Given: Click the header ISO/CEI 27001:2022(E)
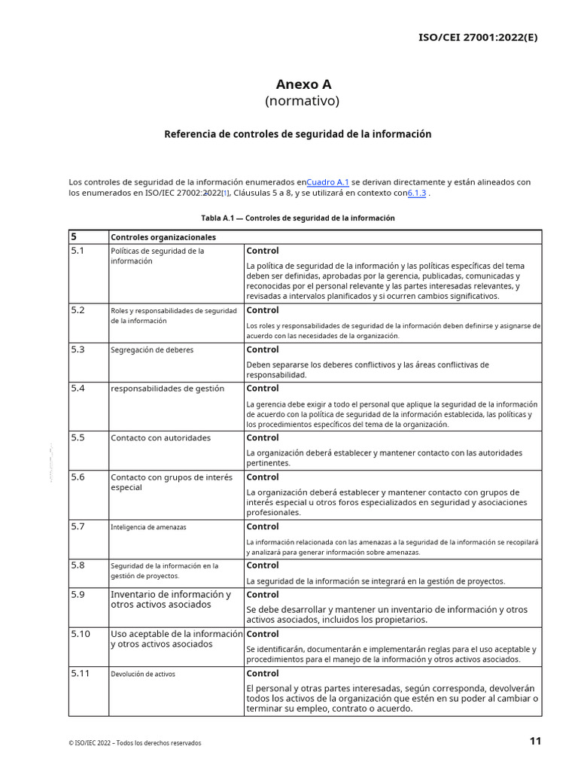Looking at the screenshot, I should click(x=478, y=38).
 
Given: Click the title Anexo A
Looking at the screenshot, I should click(x=303, y=84).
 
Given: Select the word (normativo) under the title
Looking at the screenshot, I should click(x=302, y=101).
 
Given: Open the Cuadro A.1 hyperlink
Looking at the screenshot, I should click(x=328, y=182).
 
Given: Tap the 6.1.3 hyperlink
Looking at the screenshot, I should click(x=417, y=193).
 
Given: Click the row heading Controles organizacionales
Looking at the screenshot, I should click(x=163, y=237).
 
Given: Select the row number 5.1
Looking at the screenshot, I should click(x=78, y=251).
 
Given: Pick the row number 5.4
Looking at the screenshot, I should click(x=78, y=389).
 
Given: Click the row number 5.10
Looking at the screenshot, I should click(x=81, y=634).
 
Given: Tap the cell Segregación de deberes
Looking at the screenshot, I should click(x=152, y=350).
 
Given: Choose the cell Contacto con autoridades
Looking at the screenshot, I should click(x=160, y=438).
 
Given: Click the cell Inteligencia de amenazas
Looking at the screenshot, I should click(x=148, y=527).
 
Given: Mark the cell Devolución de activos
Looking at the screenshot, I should click(x=143, y=674).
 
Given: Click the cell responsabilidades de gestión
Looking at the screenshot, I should click(x=167, y=389).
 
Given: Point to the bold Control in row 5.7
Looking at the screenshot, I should click(x=263, y=526).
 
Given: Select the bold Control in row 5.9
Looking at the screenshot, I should click(x=263, y=595).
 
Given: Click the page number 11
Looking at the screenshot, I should click(x=535, y=741).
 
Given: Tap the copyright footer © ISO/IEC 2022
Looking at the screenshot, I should click(x=135, y=743).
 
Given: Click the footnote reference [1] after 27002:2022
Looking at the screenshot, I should click(x=226, y=194).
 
